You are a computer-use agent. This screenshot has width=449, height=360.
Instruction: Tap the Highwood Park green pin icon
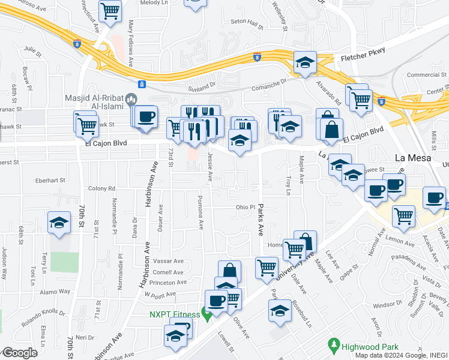coord(334,344)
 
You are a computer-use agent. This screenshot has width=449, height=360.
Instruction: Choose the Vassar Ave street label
coord(169,261)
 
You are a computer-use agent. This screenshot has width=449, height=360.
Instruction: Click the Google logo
coord(20,353)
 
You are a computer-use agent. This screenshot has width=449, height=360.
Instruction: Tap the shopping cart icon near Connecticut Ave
coord(110,10)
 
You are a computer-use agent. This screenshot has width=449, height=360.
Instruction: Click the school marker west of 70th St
coord(58,223)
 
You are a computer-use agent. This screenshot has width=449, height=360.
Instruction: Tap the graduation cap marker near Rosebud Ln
coord(280,310)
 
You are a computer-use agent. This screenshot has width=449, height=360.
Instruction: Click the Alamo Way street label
coord(56,291)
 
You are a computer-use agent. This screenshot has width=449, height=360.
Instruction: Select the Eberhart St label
coord(50,179)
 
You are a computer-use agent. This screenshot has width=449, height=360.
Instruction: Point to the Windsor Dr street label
coord(382,304)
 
